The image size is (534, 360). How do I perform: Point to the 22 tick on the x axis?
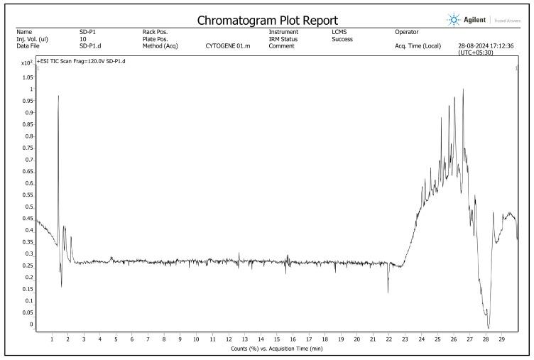pyautogui.click(x=388, y=339)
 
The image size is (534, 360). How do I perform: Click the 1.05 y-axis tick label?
pyautogui.click(x=27, y=77)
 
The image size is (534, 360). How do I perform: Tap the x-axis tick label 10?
pyautogui.click(x=196, y=339)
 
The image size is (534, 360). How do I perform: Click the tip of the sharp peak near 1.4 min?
pyautogui.click(x=58, y=96)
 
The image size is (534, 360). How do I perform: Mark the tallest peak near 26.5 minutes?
pyautogui.click(x=463, y=89)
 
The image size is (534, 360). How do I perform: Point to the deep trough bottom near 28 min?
pyautogui.click(x=489, y=327)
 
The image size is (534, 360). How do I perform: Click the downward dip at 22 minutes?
pyautogui.click(x=388, y=291)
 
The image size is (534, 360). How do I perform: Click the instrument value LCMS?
pyautogui.click(x=339, y=32)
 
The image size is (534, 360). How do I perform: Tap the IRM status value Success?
pyautogui.click(x=342, y=39)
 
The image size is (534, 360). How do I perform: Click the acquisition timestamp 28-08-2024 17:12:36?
pyautogui.click(x=486, y=45)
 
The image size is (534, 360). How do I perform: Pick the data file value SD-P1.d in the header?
pyautogui.click(x=89, y=45)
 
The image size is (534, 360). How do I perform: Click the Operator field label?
pyautogui.click(x=407, y=32)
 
